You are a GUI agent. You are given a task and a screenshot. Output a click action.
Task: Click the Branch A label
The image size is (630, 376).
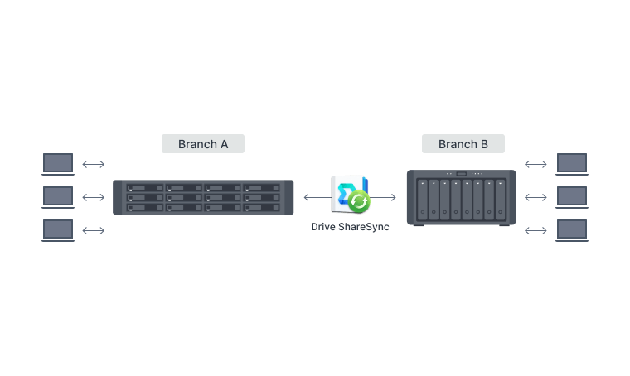click(x=203, y=144)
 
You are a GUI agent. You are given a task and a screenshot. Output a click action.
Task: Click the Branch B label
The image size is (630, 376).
click(x=463, y=144)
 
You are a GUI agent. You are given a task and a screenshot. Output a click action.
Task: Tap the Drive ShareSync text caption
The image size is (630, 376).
click(x=350, y=226)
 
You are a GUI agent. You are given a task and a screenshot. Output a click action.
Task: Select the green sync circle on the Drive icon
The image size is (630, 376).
click(x=359, y=201)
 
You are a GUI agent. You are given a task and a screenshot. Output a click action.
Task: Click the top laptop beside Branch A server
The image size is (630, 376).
click(x=58, y=163)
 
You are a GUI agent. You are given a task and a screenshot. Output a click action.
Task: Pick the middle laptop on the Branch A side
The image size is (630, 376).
click(x=58, y=196)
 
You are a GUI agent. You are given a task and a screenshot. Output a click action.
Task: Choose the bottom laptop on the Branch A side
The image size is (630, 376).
click(x=58, y=229)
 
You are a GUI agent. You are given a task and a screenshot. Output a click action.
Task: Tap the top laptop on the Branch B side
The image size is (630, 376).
click(x=572, y=163)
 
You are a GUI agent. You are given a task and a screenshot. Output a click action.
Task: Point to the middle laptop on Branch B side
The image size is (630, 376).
click(x=572, y=197)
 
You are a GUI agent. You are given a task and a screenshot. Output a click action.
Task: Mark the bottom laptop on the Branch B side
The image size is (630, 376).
click(x=572, y=229)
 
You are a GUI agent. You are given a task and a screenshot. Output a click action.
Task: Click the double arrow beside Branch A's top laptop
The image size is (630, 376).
click(x=94, y=164)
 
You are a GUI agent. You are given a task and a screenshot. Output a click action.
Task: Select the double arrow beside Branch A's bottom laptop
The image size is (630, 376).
click(x=94, y=230)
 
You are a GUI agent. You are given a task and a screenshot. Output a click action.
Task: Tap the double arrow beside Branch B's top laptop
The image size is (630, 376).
click(x=535, y=164)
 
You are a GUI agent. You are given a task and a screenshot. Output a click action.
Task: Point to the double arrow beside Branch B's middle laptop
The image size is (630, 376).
click(x=535, y=197)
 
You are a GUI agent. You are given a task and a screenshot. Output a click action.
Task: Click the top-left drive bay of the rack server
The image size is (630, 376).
click(x=145, y=189)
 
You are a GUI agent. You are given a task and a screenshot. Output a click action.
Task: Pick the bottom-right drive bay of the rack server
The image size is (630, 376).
click(x=264, y=207)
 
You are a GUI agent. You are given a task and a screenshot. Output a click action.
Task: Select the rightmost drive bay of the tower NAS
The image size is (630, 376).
click(x=501, y=200)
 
